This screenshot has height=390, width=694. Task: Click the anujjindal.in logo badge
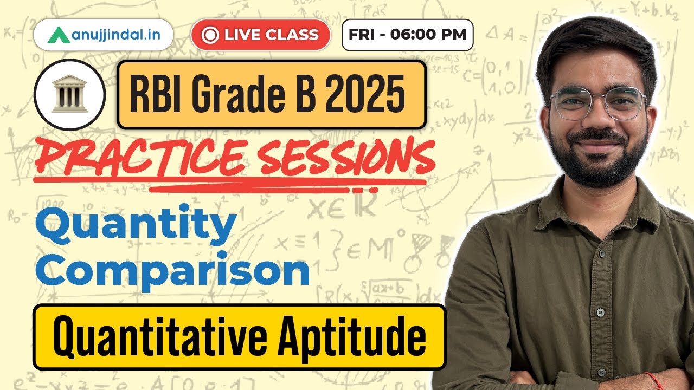point(103,35)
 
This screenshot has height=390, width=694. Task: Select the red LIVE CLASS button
point(260,35)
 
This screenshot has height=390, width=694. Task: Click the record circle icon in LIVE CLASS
point(209,35)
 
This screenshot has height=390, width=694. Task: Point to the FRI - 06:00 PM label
point(407,35)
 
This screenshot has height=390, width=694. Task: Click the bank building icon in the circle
point(69,95)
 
